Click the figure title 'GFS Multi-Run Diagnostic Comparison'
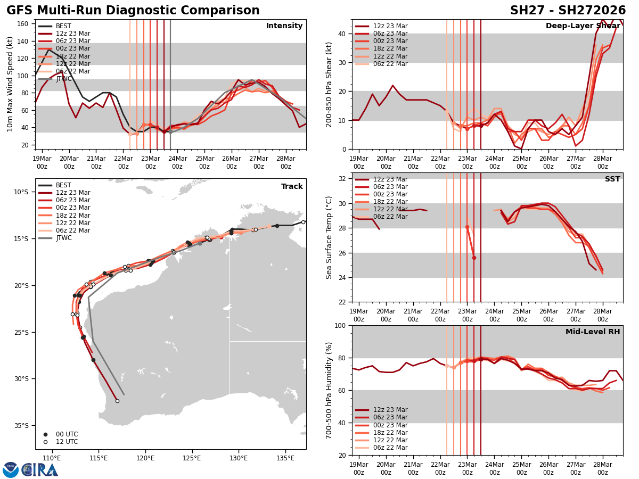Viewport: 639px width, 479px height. [133, 11]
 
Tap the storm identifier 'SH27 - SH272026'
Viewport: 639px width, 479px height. [568, 11]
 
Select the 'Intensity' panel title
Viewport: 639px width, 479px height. [284, 26]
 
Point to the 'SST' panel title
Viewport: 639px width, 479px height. [612, 179]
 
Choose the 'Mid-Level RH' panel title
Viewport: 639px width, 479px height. [593, 332]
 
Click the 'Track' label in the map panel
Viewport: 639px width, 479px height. [292, 187]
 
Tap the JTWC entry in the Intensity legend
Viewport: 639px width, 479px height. [65, 79]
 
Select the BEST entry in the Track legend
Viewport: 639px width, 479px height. [64, 185]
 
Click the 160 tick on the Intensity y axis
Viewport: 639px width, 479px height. [23, 24]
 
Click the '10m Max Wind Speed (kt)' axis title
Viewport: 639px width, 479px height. [10, 84]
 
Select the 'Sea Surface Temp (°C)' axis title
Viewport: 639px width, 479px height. [329, 237]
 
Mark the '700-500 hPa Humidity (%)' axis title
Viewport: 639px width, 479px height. [329, 390]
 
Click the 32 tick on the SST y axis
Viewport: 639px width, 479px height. [343, 179]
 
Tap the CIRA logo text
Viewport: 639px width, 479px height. [39, 470]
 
